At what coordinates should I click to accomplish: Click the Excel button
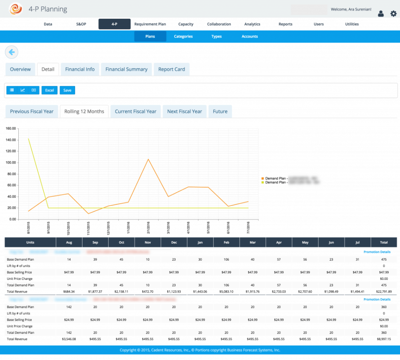50,90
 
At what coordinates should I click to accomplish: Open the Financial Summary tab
126,69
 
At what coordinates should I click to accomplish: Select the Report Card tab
171,69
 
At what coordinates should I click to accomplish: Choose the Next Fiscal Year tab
184,111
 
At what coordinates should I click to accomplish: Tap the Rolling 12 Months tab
84,111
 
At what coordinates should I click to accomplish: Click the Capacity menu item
185,24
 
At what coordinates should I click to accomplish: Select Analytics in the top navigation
252,24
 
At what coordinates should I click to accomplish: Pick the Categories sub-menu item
183,36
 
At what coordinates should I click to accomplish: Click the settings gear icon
393,14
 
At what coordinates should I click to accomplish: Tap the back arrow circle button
11,52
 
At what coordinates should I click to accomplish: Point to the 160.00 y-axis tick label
10,128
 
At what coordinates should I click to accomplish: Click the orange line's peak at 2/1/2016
148,159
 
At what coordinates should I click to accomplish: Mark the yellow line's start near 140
29,138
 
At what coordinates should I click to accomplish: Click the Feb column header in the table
226,242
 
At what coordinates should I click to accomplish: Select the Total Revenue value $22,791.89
384,291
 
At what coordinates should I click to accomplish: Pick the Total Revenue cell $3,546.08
69,339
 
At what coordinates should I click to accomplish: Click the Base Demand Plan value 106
226,259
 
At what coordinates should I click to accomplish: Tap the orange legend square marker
262,179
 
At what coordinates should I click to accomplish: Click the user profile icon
381,14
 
